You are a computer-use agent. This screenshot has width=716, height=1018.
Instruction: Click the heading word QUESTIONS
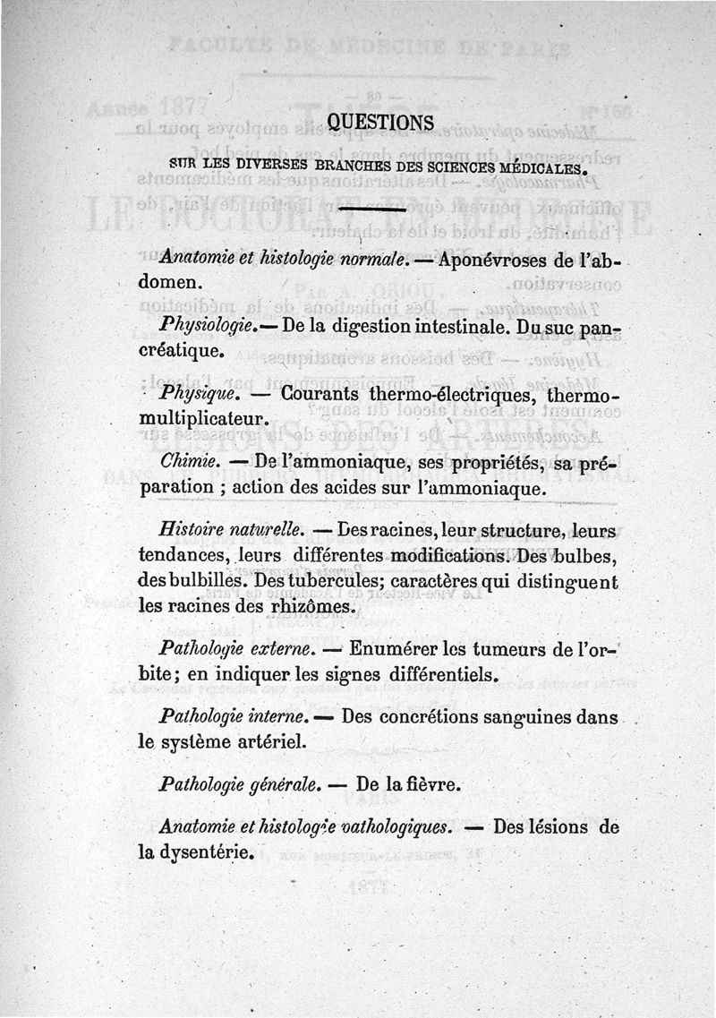click(x=380, y=122)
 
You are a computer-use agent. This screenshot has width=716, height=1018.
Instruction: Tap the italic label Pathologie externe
click(x=235, y=648)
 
